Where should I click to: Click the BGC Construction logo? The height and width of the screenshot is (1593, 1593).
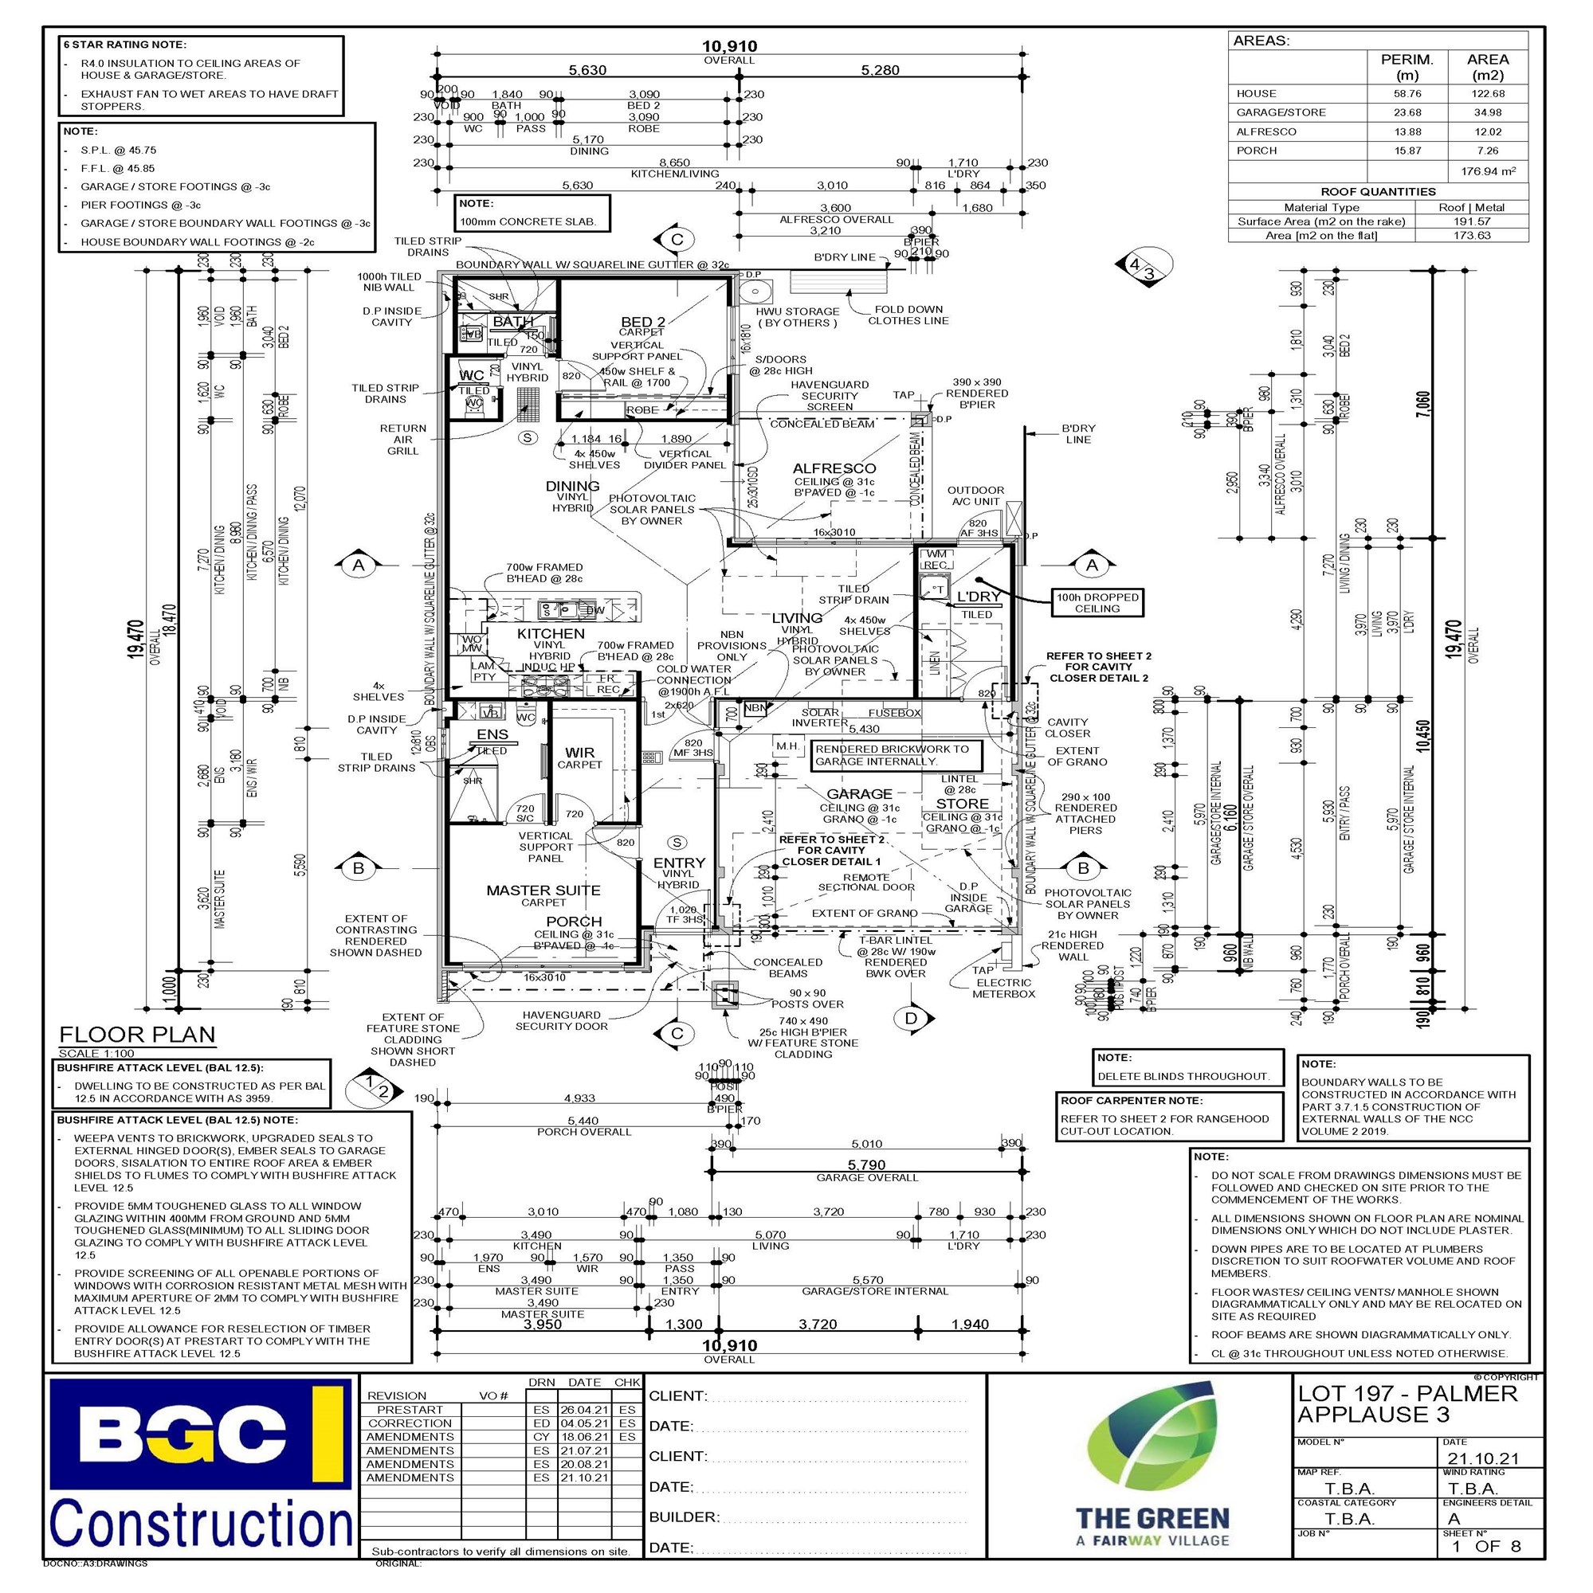tap(201, 1465)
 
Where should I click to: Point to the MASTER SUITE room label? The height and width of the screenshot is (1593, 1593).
tap(543, 890)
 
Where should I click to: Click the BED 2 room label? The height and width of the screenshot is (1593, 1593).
tap(642, 322)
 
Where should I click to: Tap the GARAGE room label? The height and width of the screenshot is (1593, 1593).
tap(859, 794)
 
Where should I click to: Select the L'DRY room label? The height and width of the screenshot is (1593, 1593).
tap(979, 596)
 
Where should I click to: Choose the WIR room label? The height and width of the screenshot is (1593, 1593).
tap(579, 753)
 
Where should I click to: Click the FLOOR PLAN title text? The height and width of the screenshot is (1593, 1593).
tap(137, 1035)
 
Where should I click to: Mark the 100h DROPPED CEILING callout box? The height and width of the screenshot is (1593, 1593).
tap(1097, 603)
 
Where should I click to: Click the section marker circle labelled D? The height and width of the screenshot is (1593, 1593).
tap(911, 1018)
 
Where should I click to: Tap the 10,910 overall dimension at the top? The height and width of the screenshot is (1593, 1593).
tap(729, 47)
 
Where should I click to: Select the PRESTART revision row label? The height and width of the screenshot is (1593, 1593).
tap(410, 1410)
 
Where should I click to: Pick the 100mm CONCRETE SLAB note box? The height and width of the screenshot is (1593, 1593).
tap(534, 213)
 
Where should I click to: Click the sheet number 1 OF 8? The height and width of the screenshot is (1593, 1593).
tap(1486, 1546)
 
